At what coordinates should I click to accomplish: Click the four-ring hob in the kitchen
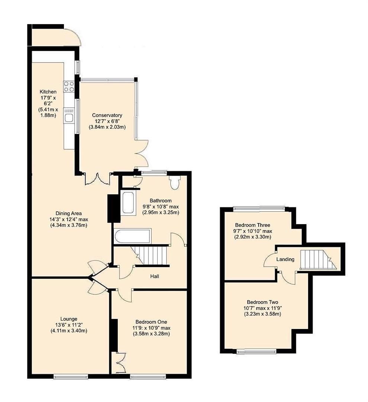tap(69, 87)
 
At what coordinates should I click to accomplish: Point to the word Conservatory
tap(107, 115)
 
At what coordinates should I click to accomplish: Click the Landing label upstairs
tap(285, 259)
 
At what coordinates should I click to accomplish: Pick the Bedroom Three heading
tap(252, 225)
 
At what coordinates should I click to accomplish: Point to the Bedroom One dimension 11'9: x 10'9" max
tap(151, 328)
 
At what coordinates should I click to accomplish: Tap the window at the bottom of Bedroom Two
tap(257, 351)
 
